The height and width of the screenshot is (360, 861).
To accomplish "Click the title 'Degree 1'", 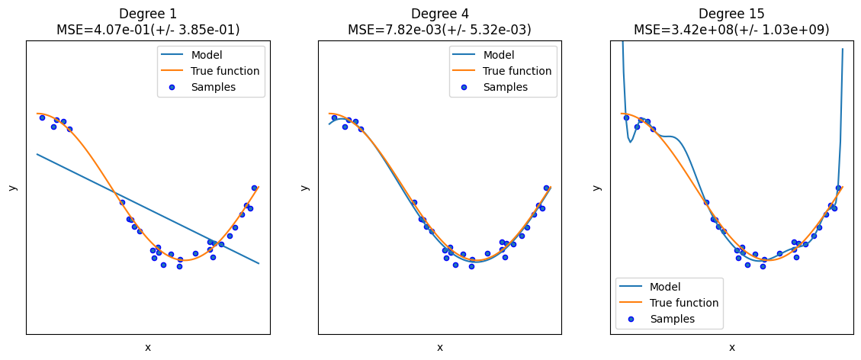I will coord(148,14).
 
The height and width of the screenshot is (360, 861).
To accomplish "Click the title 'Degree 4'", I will coord(440,14).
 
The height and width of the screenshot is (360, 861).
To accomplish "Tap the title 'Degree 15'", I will coord(731,14).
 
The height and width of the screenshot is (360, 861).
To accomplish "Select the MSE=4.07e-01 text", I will coord(148,30).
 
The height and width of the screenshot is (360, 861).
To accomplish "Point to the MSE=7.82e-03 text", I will coord(440,30).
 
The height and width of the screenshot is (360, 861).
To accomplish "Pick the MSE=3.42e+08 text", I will coord(731,30).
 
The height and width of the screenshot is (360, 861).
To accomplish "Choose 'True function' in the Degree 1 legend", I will coord(225,71).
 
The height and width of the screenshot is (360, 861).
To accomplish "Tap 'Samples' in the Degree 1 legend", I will coord(213,87).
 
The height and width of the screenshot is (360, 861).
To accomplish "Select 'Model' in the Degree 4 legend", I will coord(499,55).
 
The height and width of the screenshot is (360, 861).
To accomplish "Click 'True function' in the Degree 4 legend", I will coord(517,71).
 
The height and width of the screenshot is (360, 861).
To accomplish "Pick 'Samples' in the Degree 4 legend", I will coord(505,87).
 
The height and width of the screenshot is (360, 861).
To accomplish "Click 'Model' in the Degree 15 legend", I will coord(666,287).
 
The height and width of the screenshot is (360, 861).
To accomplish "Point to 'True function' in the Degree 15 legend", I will coord(684,303).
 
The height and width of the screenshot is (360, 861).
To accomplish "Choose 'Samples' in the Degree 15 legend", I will coord(672,319).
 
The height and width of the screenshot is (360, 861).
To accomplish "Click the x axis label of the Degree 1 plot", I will coord(148,348).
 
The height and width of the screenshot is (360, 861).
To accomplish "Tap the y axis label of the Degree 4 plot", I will coord(304,188).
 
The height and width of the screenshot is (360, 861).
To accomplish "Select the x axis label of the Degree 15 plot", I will coord(732,348).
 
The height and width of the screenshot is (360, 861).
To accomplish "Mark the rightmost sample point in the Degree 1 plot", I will coord(254,188).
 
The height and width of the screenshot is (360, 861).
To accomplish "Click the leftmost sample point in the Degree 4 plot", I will coord(334,117).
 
